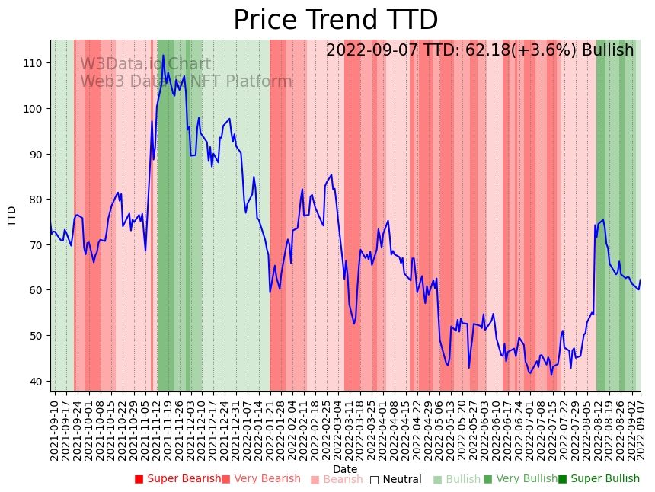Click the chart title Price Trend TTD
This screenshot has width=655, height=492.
pos(335,21)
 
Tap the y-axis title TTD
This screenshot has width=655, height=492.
pos(12,216)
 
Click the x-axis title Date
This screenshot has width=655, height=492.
pos(345,469)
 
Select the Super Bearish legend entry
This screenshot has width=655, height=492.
pos(177,479)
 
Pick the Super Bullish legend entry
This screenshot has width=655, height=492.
pos(599,479)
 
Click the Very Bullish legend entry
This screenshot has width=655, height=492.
pos(520,479)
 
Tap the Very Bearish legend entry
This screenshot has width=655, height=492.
pos(260,479)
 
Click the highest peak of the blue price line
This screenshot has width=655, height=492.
pos(163,56)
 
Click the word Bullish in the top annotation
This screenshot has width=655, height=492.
pos(607,51)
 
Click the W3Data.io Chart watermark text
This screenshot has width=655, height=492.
pos(145,65)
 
